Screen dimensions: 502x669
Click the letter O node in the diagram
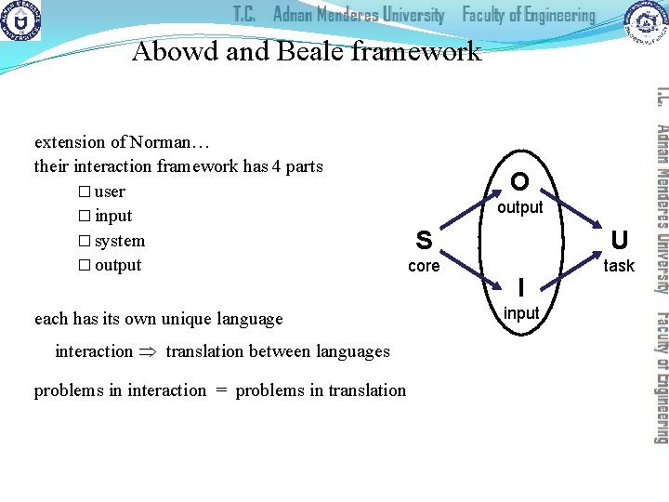[520, 180]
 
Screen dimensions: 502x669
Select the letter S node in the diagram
[424, 241]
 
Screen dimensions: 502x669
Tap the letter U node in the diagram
[619, 241]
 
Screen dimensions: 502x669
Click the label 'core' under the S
[424, 267]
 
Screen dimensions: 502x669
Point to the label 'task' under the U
[619, 266]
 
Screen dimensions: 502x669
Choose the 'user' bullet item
[110, 192]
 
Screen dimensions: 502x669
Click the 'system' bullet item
[120, 241]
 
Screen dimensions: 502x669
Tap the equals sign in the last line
[221, 390]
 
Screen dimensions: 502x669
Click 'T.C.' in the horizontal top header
[245, 15]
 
